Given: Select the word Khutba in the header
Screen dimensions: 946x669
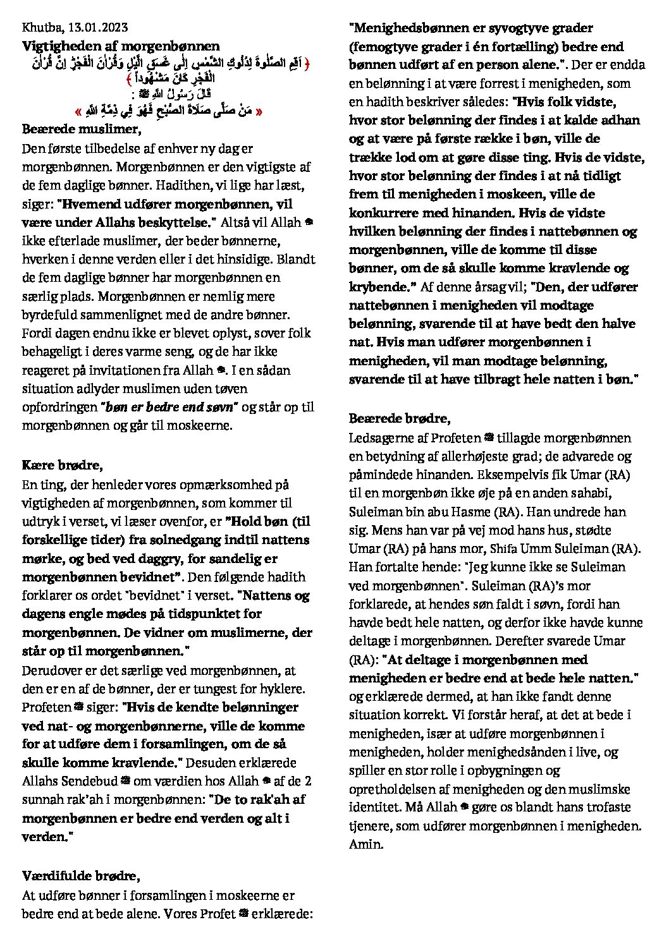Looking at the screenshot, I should pyautogui.click(x=40, y=27).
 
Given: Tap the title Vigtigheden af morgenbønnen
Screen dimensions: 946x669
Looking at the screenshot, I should pyautogui.click(x=121, y=45).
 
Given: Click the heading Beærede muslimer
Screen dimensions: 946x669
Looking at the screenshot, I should pyautogui.click(x=81, y=129).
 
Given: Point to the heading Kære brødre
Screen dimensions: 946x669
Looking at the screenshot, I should pyautogui.click(x=62, y=466).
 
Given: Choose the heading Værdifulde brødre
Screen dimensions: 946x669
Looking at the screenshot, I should pyautogui.click(x=81, y=876).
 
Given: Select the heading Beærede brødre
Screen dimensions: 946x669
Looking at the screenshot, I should pyautogui.click(x=400, y=418).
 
